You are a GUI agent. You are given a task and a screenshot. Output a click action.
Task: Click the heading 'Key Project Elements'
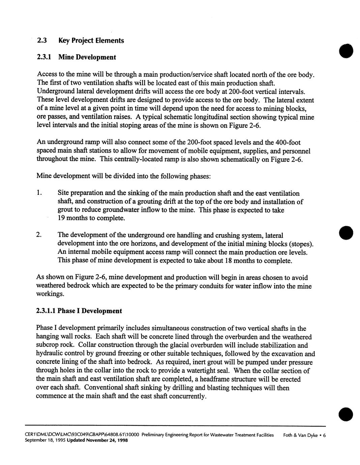pos(91,41)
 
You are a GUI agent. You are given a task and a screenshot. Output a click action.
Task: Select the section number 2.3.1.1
pos(46,311)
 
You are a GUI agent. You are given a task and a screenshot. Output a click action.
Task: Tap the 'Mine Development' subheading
pos(87,57)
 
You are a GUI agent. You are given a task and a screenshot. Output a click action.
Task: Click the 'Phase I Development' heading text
pos(90,311)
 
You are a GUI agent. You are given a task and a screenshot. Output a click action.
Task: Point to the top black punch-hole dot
pos(346,52)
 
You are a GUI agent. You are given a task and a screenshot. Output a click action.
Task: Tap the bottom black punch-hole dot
pos(346,413)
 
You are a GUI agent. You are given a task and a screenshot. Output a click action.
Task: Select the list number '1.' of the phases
pos(39,193)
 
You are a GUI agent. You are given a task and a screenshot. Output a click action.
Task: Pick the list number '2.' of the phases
pos(39,235)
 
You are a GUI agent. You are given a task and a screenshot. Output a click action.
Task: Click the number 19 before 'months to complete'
pos(61,218)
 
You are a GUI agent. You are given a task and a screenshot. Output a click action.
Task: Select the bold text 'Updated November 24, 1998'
pos(97,441)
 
